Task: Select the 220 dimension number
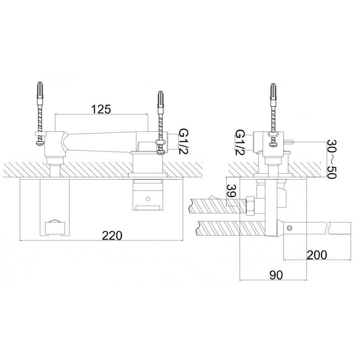point(112,236)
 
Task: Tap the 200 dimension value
point(317,255)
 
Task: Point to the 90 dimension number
point(276,275)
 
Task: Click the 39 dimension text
point(231,190)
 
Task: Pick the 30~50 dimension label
point(332,159)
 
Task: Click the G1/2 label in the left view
point(184,142)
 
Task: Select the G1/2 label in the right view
point(240,142)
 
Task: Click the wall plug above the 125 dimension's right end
point(161,99)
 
